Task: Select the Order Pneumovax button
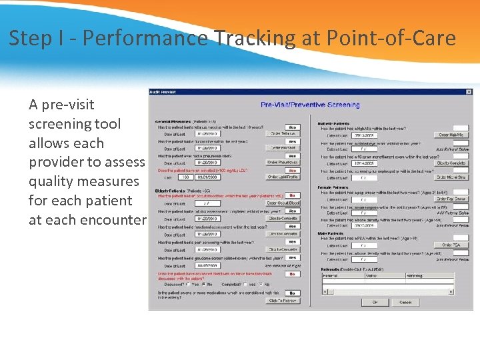[x=282, y=163]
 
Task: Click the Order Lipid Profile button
[x=282, y=177]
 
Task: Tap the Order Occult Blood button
[x=282, y=203]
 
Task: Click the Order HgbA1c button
[x=451, y=135]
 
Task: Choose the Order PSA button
[x=451, y=245]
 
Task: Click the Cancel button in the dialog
[x=405, y=302]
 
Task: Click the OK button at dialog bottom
[x=375, y=302]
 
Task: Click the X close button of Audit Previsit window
[x=469, y=92]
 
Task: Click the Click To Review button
[x=282, y=301]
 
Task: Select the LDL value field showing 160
[x=186, y=177]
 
